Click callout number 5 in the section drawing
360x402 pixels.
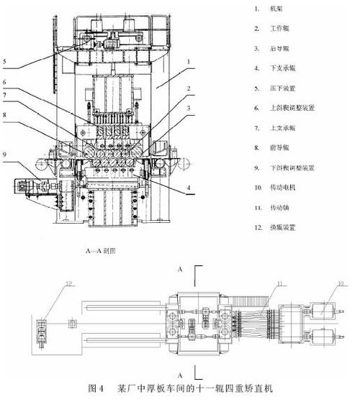point(4,61)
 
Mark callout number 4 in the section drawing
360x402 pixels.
point(189,189)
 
